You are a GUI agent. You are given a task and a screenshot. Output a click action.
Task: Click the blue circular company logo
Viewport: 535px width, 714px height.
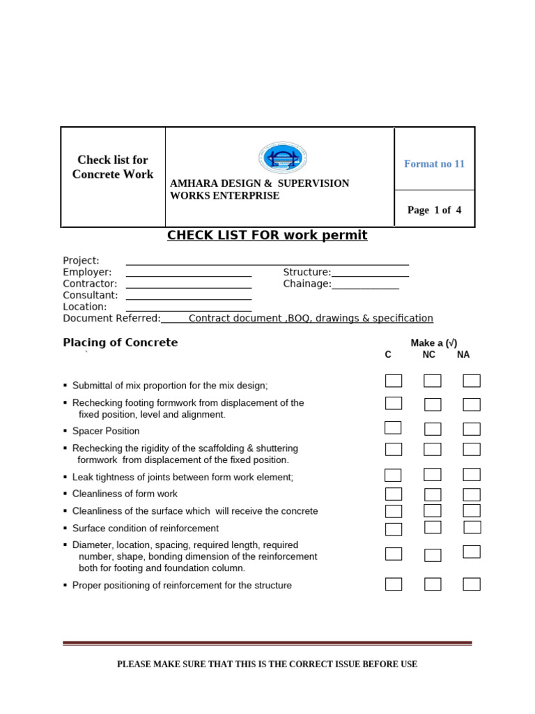[x=283, y=158]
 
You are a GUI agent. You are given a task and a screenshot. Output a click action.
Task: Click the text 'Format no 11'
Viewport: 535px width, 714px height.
[x=434, y=164]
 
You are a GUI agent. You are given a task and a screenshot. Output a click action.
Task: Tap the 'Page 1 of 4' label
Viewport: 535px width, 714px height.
[x=434, y=210]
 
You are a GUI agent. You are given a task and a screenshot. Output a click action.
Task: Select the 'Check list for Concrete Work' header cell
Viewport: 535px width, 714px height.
[x=113, y=167]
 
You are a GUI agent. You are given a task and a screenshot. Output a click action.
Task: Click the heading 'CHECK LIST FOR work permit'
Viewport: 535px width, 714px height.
[x=267, y=235]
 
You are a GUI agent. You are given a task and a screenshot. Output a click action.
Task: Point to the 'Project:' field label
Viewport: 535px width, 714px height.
[x=82, y=261]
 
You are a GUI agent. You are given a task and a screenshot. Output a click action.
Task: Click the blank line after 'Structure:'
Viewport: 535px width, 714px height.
[x=370, y=272]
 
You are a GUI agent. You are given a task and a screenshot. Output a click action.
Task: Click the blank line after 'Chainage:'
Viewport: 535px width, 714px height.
[x=365, y=284]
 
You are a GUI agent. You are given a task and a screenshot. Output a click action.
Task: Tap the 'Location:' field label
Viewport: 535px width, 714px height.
[x=85, y=307]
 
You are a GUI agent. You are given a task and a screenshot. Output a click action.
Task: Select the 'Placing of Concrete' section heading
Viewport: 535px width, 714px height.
[x=121, y=342]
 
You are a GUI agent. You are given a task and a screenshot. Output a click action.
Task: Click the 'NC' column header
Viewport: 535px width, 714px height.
[x=428, y=355]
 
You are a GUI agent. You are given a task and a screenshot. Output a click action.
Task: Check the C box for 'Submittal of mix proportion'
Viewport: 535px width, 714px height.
[x=394, y=381]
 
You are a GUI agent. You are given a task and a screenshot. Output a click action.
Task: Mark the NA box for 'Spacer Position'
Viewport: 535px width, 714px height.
[x=472, y=429]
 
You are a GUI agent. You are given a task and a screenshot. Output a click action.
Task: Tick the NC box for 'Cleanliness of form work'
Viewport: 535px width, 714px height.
[x=433, y=494]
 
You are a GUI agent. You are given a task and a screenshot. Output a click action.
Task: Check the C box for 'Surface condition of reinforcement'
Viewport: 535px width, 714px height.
[x=394, y=529]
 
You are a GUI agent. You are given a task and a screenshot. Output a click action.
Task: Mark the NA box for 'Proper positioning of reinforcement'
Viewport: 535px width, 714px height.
[x=472, y=584]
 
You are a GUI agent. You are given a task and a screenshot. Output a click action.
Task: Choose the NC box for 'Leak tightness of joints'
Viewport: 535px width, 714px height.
[x=433, y=475]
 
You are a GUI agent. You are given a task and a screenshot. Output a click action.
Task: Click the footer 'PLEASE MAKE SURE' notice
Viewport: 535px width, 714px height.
[x=267, y=664]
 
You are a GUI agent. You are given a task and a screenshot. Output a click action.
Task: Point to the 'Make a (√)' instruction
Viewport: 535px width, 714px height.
[x=434, y=343]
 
